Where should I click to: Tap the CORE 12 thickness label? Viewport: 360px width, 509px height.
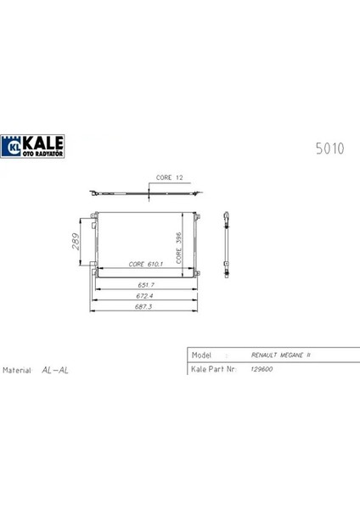[169, 179]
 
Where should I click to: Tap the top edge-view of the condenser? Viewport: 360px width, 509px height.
[149, 193]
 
